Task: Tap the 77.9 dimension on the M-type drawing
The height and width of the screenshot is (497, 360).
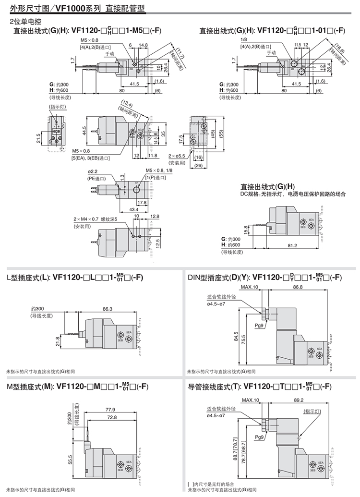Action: click(110, 410)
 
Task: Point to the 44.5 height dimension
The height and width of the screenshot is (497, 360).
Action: click(84, 130)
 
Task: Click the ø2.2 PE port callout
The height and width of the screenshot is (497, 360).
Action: click(92, 172)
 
